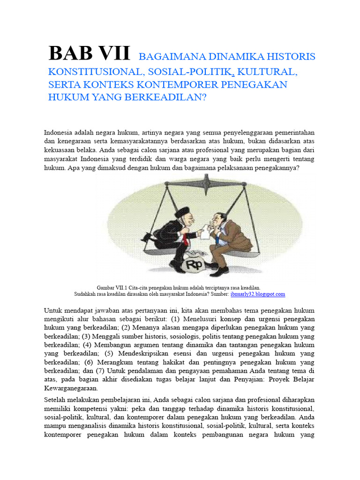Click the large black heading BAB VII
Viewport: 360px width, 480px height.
tap(89, 54)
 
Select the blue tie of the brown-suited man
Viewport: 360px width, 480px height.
tap(217, 237)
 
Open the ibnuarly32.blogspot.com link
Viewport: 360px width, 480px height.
tap(258, 294)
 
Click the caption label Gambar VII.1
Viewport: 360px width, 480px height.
tap(112, 287)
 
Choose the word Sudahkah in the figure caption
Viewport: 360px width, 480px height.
tap(87, 294)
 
